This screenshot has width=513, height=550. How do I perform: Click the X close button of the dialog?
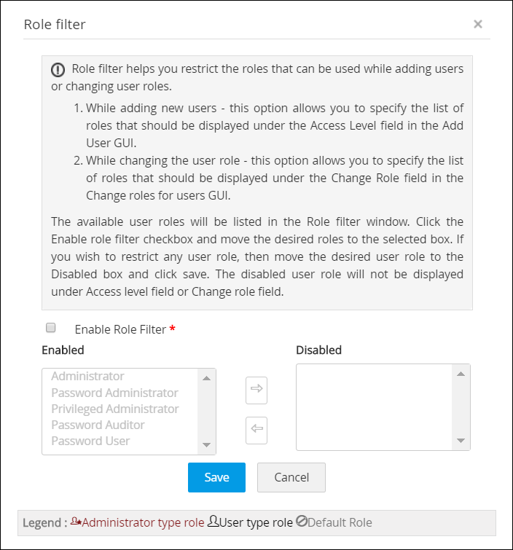(478, 24)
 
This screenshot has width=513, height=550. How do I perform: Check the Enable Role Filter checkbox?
(51, 328)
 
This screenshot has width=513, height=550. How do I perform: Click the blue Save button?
(216, 477)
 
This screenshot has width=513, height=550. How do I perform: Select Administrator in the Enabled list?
(87, 377)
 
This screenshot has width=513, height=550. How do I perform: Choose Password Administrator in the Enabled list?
(114, 393)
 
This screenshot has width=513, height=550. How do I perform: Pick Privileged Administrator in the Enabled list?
(115, 409)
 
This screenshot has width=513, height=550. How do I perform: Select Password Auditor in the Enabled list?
(98, 425)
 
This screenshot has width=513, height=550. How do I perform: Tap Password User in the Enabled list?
(90, 441)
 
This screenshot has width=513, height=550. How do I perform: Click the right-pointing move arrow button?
(256, 390)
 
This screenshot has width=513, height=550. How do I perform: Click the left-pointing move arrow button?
(256, 429)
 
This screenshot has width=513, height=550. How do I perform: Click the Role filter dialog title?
(55, 25)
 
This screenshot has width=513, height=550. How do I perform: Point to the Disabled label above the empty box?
(318, 350)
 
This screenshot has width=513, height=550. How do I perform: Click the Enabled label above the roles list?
(63, 350)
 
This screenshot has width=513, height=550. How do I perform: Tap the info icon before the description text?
(58, 70)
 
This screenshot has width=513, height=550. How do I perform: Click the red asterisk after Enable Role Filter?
(173, 330)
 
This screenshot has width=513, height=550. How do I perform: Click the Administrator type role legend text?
(143, 522)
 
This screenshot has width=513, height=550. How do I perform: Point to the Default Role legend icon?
(302, 522)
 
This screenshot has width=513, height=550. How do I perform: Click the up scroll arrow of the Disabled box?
(461, 374)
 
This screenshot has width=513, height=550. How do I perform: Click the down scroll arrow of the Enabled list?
(206, 445)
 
